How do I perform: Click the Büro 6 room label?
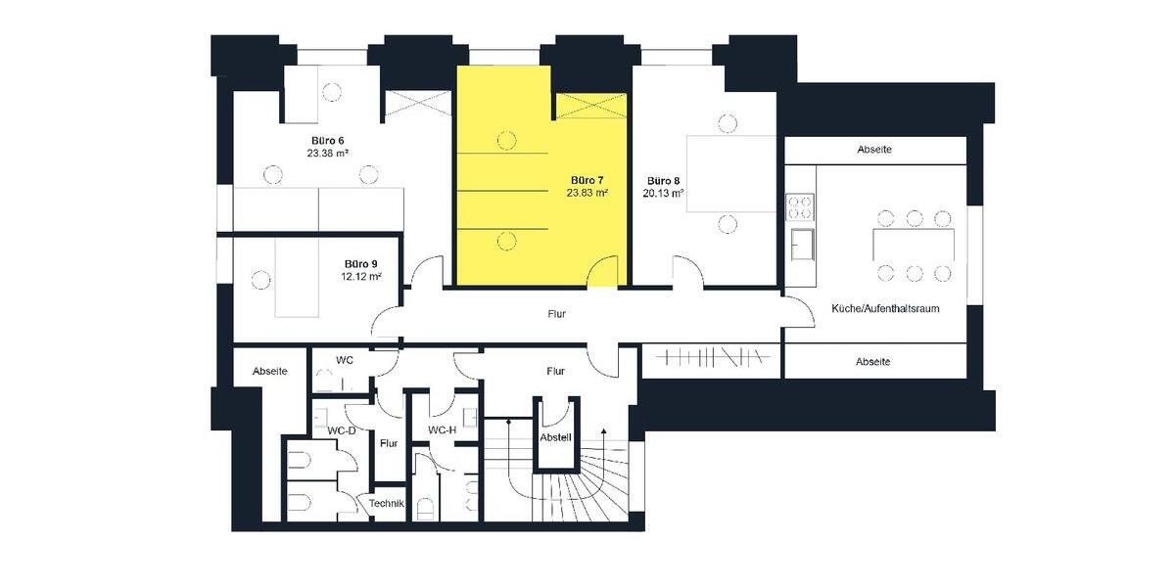[x=326, y=140]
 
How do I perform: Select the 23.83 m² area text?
[x=587, y=194]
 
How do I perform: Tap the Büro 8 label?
[x=663, y=180]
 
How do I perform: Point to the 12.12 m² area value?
[x=360, y=277]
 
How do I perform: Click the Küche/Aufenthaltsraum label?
[x=885, y=308]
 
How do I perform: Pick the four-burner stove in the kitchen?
[x=799, y=207]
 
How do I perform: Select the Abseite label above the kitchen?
[x=873, y=150]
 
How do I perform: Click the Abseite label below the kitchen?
[x=872, y=361]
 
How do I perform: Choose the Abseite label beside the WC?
[x=270, y=371]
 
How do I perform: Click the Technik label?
[x=386, y=503]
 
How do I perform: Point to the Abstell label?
[x=555, y=437]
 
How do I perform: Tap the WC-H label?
[x=443, y=430]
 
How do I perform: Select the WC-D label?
[x=342, y=430]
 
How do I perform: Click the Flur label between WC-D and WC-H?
[x=389, y=443]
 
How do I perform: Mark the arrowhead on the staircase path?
[x=604, y=430]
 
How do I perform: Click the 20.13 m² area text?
[x=663, y=194]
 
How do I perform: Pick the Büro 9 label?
[x=360, y=263]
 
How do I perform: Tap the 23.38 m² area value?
[x=326, y=154]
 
